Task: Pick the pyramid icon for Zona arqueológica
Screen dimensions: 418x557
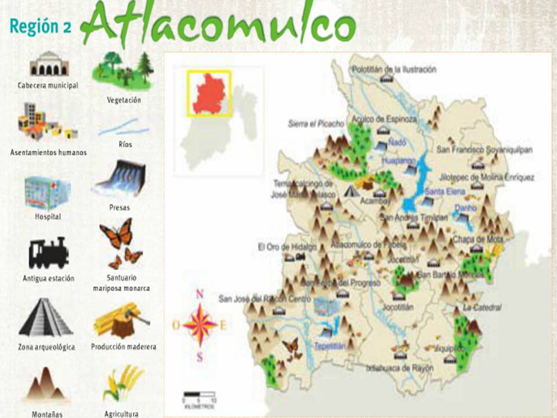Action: point(46,318)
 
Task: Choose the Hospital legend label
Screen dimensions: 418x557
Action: point(48,217)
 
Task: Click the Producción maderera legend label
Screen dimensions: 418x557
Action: point(124,347)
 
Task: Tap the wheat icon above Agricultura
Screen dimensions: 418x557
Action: point(122,383)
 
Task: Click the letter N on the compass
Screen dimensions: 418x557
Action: point(200,294)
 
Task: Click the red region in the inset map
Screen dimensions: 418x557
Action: point(209,93)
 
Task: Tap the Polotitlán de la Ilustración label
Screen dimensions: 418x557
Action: point(394,69)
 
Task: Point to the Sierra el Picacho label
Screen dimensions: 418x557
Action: point(316,124)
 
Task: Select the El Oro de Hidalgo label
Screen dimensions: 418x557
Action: point(287,247)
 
